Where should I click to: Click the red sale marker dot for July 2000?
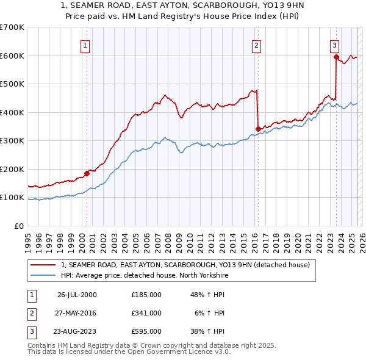tap(87, 173)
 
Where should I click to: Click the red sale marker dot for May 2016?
tap(258, 129)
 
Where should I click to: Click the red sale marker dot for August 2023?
tap(336, 57)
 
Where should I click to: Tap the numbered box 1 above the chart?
tap(85, 45)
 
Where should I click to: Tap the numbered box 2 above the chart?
tap(257, 45)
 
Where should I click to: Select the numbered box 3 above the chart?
tap(335, 45)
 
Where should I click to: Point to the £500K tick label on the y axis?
tap(12, 84)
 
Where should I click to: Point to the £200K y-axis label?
tap(12, 169)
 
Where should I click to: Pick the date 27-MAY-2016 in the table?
tap(77, 313)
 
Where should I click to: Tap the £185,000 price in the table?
tap(146, 295)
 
